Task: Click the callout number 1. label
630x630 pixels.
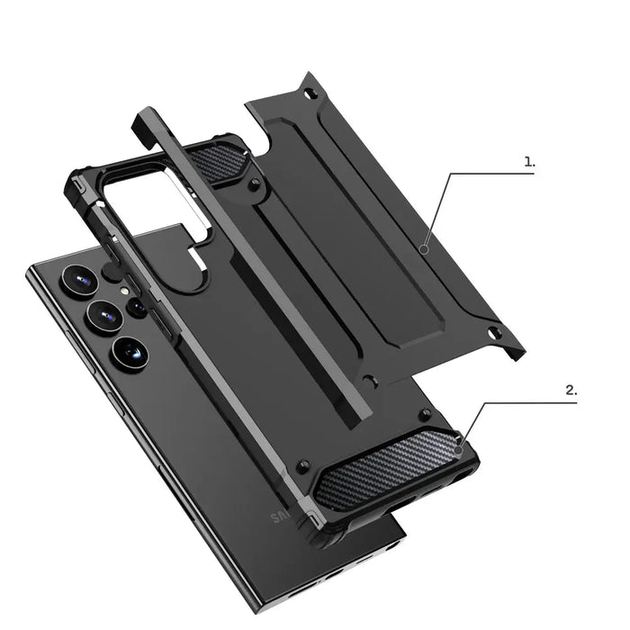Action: pos(529,162)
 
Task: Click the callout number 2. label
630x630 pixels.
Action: pos(571,391)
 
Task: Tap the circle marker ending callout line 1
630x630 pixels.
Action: pos(424,251)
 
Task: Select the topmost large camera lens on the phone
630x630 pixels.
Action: pos(79,281)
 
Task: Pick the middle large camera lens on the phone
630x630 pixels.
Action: pos(104,316)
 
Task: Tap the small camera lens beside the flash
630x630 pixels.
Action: pos(137,307)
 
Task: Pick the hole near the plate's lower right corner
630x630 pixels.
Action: pos(492,334)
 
